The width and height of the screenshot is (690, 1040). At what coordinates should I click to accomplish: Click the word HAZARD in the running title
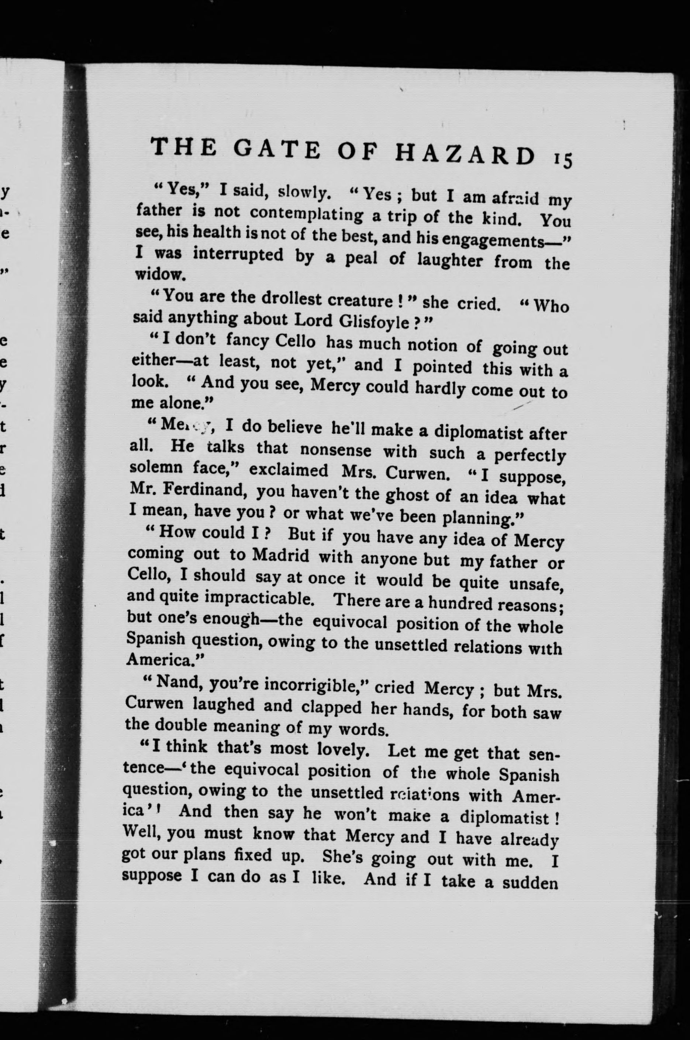pyautogui.click(x=465, y=154)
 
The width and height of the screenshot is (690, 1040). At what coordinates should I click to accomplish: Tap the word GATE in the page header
pyautogui.click(x=277, y=149)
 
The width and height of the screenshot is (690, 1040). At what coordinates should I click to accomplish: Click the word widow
pyautogui.click(x=157, y=274)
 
